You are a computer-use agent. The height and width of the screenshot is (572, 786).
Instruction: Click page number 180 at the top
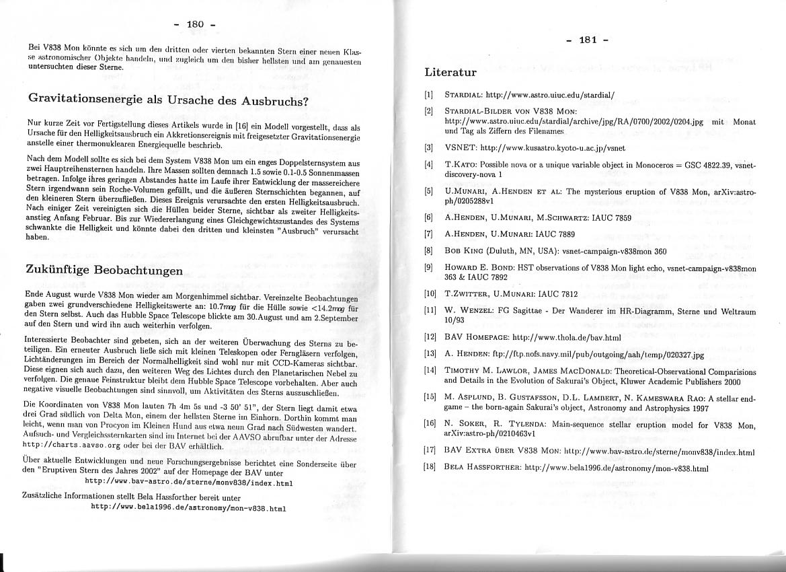(x=194, y=26)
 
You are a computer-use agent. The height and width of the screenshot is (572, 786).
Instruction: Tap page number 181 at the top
(x=588, y=40)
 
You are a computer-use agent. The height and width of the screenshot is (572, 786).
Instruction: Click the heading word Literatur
(x=450, y=72)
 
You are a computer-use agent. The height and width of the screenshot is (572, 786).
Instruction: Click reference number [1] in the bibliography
(x=428, y=94)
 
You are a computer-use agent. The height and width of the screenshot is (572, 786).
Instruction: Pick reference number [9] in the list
(x=428, y=267)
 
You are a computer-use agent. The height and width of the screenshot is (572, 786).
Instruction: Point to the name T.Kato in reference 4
(x=461, y=164)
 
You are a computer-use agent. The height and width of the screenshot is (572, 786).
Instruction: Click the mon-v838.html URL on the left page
(x=189, y=508)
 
